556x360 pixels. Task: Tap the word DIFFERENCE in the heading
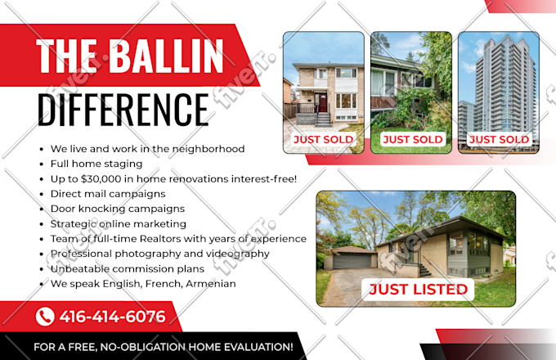123,110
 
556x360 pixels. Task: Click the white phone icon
45,317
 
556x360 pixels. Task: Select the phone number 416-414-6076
112,317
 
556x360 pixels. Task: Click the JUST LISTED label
418,289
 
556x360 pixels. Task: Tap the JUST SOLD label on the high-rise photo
499,139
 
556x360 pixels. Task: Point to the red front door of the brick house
323,102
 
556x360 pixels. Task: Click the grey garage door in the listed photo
352,261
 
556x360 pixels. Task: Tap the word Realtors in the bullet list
160,239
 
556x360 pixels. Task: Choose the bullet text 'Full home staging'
96,164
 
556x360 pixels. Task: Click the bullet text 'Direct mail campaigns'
108,194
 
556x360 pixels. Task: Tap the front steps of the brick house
323,119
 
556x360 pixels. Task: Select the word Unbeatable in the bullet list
75,269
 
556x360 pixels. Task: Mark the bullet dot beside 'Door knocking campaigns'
42,209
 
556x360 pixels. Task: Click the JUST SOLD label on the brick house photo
324,139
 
